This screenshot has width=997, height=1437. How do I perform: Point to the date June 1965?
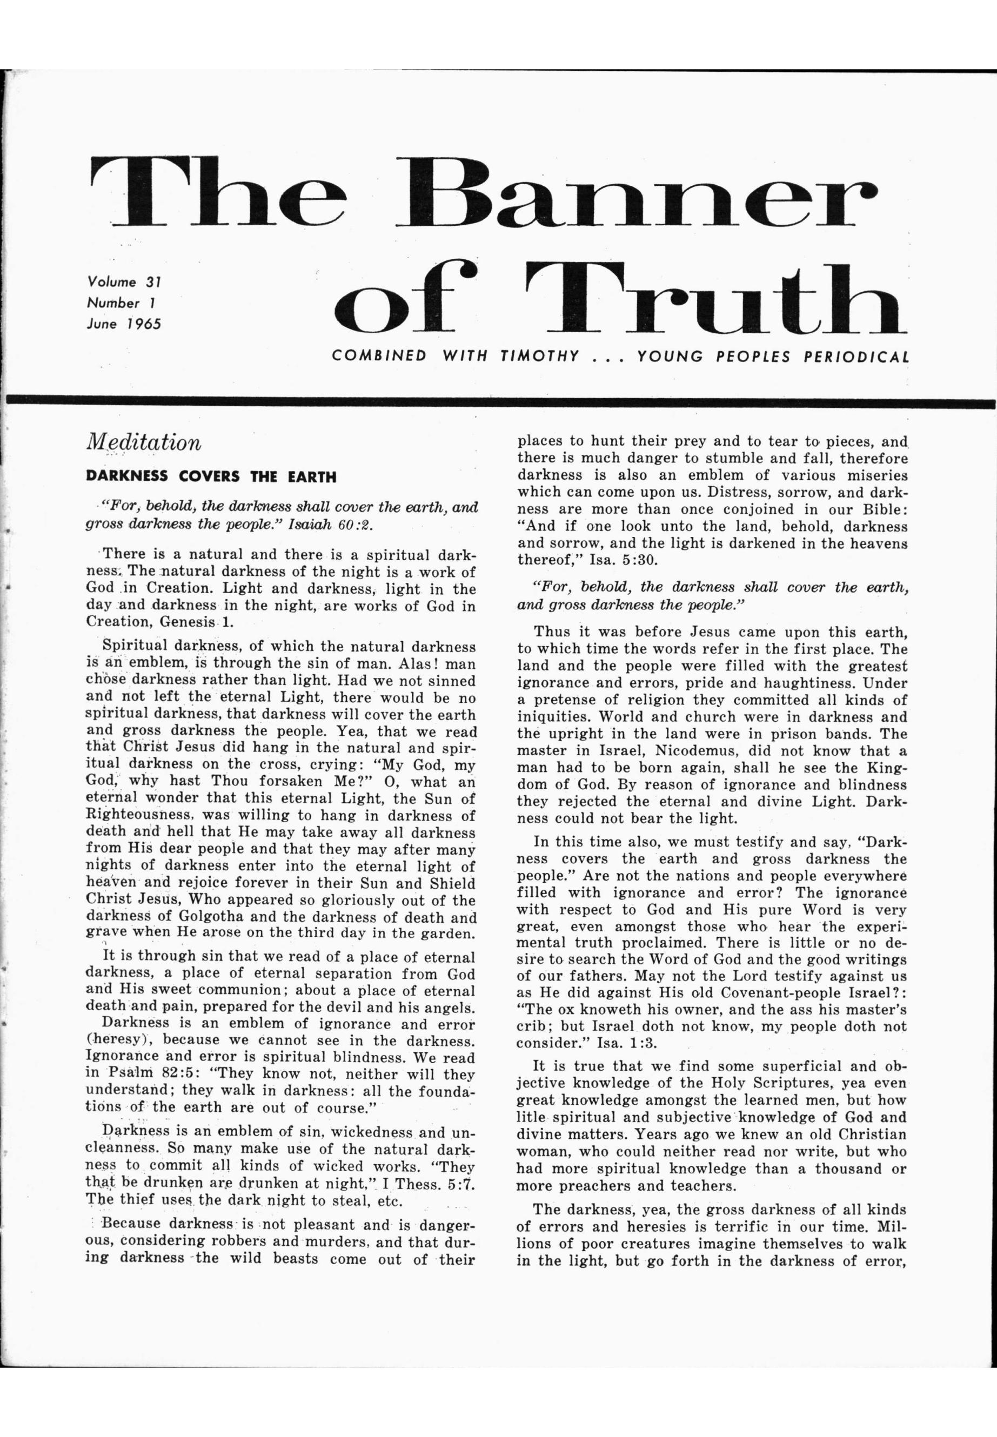(x=124, y=324)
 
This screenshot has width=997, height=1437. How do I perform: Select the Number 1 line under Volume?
(x=121, y=304)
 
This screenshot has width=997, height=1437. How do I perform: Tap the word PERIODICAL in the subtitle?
(x=855, y=357)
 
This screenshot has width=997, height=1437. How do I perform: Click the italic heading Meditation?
(x=144, y=443)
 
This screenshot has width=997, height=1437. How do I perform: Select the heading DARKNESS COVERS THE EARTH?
(x=211, y=477)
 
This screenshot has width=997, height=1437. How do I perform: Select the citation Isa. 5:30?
(x=625, y=560)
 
